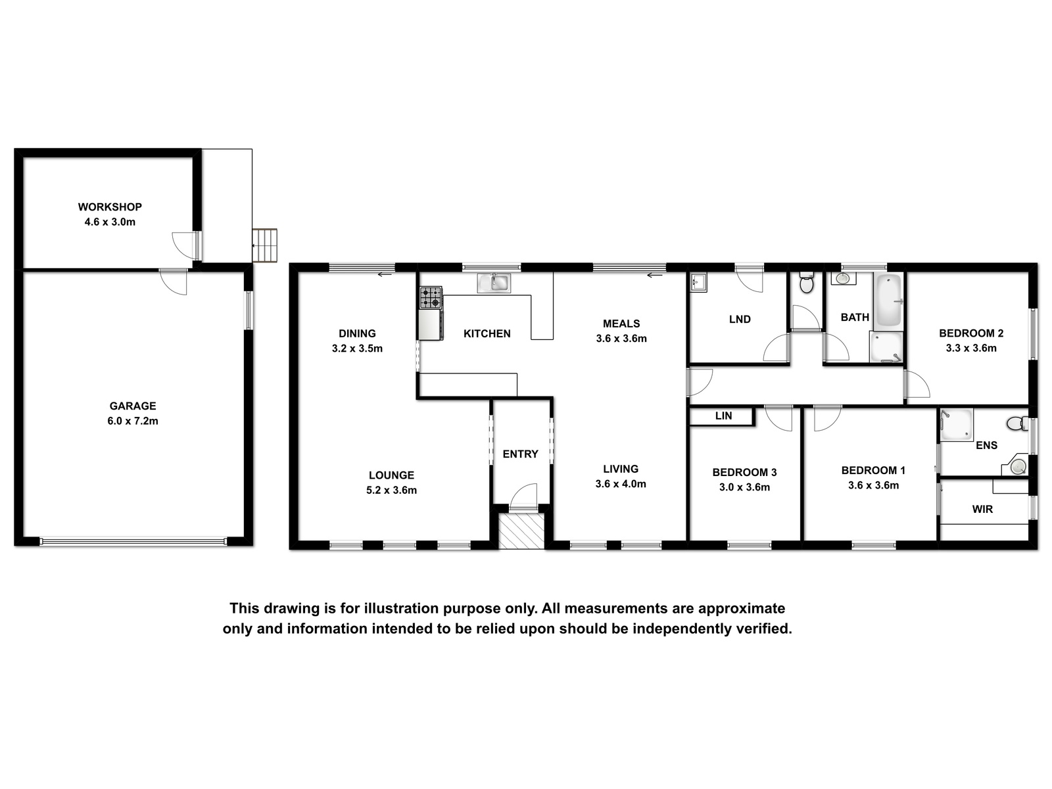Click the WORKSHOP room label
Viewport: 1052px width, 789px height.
coord(110,207)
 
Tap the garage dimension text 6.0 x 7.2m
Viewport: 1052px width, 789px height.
coord(133,421)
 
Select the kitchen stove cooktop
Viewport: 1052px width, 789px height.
coord(431,297)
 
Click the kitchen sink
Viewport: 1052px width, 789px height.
coord(494,283)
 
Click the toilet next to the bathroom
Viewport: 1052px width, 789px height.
coord(807,283)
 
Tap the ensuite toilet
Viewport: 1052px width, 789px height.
coord(1018,423)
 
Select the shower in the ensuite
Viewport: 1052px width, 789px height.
coord(955,425)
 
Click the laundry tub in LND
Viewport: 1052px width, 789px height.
coord(698,282)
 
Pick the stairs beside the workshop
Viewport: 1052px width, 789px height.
coord(265,245)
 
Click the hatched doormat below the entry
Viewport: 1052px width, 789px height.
coord(521,531)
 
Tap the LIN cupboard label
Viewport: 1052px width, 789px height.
coord(723,416)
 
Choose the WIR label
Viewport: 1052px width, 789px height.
coord(982,509)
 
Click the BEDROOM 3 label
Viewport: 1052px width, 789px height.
coord(744,472)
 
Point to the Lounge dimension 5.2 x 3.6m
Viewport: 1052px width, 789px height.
coord(392,490)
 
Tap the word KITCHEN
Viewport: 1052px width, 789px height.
coord(487,333)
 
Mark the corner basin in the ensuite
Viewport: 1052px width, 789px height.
coord(1018,465)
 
